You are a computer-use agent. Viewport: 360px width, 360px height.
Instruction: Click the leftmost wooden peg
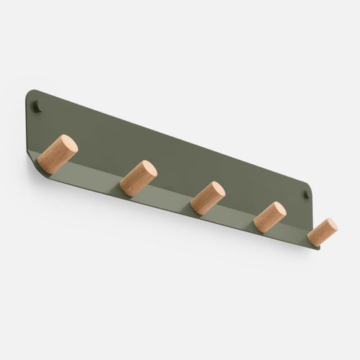[x=58, y=155]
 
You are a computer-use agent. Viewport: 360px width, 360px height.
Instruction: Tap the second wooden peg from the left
[x=138, y=179]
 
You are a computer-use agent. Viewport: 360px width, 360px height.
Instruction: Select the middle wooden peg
[x=207, y=198]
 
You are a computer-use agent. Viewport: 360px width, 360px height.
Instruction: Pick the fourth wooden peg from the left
[x=270, y=217]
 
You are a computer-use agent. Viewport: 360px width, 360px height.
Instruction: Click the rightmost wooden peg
[x=323, y=232]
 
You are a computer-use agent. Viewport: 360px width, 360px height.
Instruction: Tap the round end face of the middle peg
[x=215, y=191]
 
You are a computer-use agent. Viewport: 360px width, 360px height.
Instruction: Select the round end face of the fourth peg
[x=277, y=210]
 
